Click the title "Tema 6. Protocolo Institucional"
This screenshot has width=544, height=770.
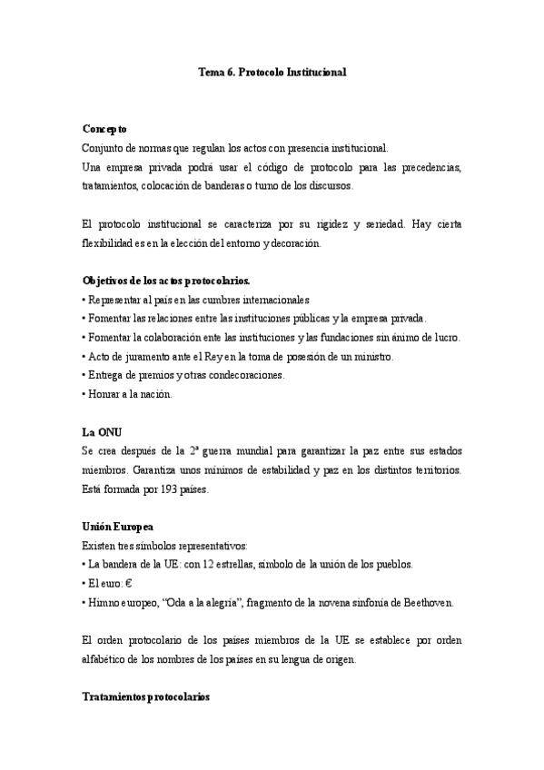click(272, 70)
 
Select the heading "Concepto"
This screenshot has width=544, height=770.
click(104, 129)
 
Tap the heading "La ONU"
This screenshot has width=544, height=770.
click(102, 431)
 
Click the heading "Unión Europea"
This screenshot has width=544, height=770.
click(117, 527)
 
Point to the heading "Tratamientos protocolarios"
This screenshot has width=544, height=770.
click(145, 697)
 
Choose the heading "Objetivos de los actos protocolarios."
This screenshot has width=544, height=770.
click(166, 281)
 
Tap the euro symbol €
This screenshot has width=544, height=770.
click(130, 584)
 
